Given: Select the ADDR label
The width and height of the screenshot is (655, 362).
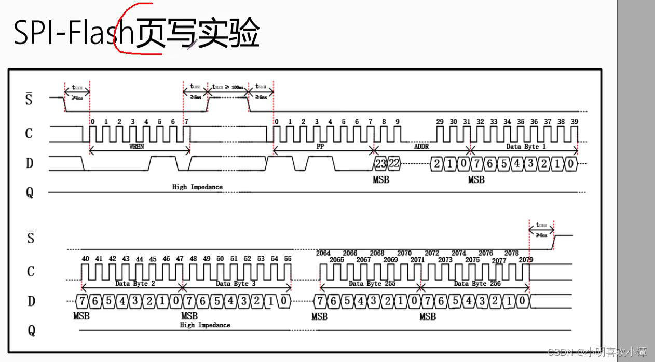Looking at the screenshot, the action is [x=421, y=147].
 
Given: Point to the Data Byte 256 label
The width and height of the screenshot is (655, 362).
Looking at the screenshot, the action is [x=470, y=284].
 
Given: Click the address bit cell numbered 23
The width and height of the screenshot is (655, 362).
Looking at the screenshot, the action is [x=380, y=163].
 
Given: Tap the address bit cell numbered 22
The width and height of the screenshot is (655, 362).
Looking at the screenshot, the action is [x=394, y=163].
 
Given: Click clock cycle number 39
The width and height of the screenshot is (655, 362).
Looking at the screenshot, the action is [x=575, y=122].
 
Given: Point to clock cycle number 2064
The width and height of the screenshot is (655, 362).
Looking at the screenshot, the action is [x=323, y=253].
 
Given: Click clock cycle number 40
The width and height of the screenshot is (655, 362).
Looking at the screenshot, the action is [x=85, y=259].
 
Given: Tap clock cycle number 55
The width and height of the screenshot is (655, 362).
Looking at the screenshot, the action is [x=288, y=259].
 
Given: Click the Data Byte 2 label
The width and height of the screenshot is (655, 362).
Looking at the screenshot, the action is [x=135, y=284].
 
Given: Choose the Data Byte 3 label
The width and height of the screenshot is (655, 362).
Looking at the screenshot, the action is [x=236, y=284].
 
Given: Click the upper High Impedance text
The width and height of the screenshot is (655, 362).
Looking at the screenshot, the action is [x=197, y=187].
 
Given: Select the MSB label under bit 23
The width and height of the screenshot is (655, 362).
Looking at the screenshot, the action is [x=380, y=180].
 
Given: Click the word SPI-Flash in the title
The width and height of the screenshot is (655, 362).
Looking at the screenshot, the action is [x=73, y=34].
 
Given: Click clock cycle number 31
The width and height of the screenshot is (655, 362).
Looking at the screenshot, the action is [x=467, y=122].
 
